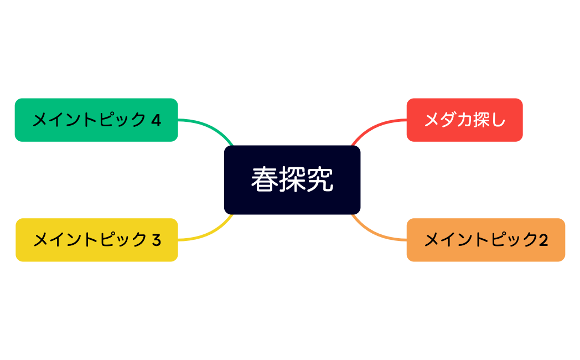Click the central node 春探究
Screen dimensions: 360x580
tap(292, 179)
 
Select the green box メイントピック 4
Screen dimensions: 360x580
tap(96, 120)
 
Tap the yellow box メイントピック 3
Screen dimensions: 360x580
tap(96, 240)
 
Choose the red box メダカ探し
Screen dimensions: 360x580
tap(464, 120)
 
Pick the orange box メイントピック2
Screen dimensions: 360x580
tap(485, 240)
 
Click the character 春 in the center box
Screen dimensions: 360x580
tap(264, 179)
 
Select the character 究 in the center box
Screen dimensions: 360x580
tap(320, 179)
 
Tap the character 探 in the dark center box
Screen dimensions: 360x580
tap(292, 179)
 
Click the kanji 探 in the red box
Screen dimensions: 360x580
tap(481, 120)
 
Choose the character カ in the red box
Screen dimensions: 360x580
tap(465, 120)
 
